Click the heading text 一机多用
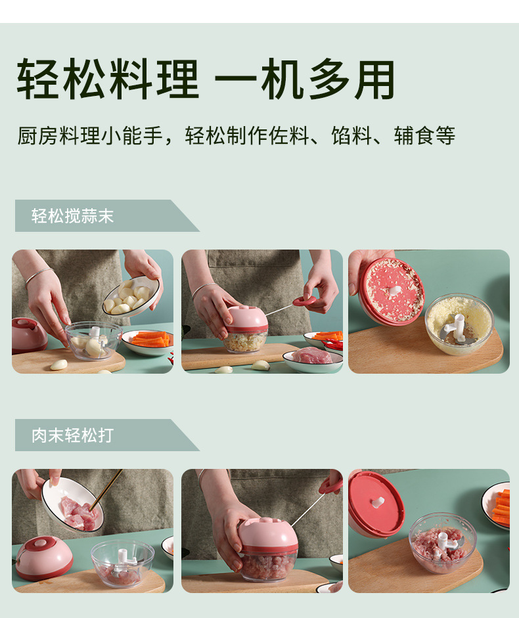click(x=305, y=79)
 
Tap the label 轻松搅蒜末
click(x=72, y=216)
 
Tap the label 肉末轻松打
click(x=72, y=435)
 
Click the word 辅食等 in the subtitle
click(x=424, y=136)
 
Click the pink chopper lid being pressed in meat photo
click(x=267, y=535)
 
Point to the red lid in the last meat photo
click(x=376, y=503)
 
